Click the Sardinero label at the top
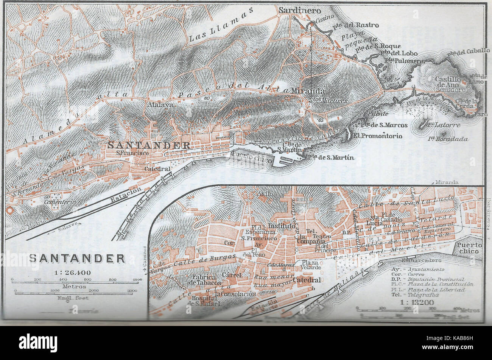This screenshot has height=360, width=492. pos(300,11)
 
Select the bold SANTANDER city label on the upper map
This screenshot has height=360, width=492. pos(149,145)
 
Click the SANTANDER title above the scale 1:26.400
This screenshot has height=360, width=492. pos(77,259)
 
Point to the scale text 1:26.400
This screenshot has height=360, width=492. pos(75,272)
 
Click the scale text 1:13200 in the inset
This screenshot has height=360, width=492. pos(417,302)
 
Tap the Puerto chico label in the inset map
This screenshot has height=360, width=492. pos(469,248)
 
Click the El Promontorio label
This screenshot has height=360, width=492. pos(378,136)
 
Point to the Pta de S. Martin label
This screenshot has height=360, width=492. pos(330,157)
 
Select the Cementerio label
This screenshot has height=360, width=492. pos(59,202)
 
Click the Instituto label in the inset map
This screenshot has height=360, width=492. pos(281,226)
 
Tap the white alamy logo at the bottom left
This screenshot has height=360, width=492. pos(38,343)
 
